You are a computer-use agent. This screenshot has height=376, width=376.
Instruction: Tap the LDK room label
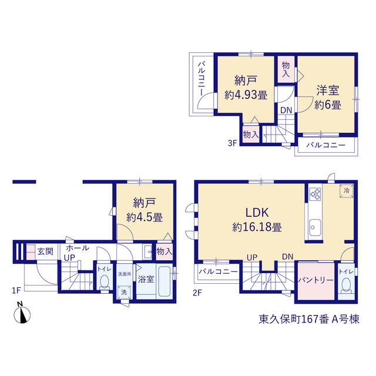[257, 213]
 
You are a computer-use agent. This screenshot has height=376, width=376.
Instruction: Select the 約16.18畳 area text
[257, 227]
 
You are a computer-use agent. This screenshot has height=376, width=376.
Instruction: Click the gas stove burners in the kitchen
[315, 194]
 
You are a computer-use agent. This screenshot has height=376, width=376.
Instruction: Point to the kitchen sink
[315, 227]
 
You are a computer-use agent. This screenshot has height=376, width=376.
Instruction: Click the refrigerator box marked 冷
[346, 191]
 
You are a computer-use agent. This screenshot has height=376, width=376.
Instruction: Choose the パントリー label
[316, 280]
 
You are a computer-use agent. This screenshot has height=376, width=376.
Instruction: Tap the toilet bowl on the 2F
[346, 286]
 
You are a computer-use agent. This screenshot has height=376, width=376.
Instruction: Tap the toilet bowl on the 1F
[104, 283]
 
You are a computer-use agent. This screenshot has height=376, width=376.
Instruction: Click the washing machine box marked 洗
[124, 293]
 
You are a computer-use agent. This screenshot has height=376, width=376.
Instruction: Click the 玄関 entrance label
[45, 252]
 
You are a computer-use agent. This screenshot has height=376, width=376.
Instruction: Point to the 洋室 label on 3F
[328, 90]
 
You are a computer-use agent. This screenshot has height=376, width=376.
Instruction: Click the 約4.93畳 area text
[246, 95]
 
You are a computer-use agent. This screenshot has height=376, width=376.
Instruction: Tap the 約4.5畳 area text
[145, 217]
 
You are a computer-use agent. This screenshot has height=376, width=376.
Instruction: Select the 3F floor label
[233, 143]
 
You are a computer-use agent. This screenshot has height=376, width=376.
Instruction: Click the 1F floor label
[17, 291]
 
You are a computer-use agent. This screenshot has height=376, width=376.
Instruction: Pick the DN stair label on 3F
[286, 110]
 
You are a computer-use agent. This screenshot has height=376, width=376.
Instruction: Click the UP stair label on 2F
[252, 257]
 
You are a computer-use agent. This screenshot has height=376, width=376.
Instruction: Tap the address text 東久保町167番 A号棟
[309, 320]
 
